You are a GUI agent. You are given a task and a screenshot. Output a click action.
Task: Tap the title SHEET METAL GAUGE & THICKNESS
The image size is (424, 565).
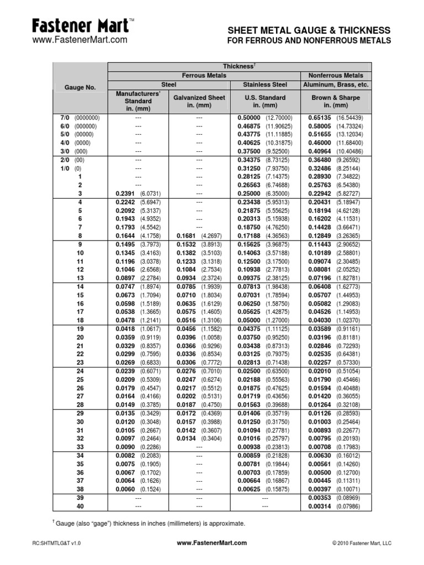309,30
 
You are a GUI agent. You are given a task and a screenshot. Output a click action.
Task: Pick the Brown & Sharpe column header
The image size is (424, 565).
336,102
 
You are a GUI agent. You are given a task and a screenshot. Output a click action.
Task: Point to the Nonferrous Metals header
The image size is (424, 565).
336,75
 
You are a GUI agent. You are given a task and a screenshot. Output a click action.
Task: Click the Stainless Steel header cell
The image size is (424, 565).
265,84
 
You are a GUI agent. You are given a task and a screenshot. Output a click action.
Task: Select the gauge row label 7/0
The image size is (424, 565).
62,118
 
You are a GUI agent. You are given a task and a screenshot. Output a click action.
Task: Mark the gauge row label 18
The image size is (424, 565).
80,320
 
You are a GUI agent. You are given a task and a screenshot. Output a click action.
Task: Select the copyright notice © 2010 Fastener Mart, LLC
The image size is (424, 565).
362,543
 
